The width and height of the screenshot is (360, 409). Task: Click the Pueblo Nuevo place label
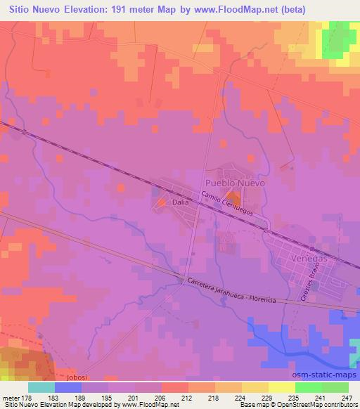(235, 182)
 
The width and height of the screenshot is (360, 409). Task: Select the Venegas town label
(309, 258)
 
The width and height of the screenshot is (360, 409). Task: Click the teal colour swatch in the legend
(41, 387)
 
